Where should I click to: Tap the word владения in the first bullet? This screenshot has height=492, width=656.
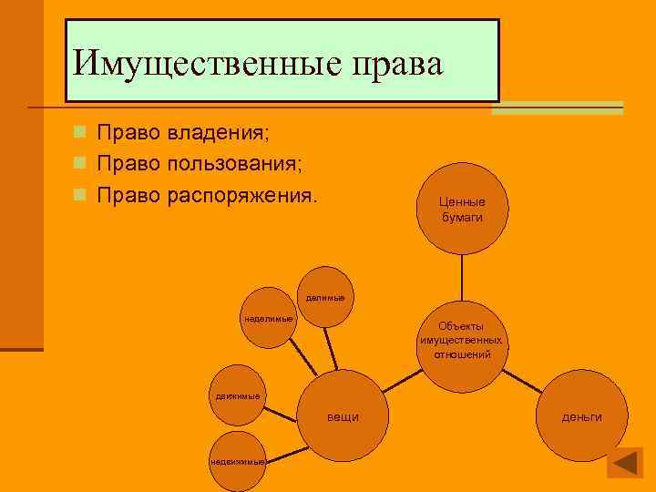[218, 133]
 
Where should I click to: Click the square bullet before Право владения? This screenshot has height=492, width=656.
[80, 133]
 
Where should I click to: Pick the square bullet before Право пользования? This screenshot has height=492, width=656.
[80, 165]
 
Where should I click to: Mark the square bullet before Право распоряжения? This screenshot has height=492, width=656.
[80, 196]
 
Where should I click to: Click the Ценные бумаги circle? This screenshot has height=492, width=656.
[463, 209]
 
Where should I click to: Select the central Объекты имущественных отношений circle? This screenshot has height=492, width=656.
[461, 340]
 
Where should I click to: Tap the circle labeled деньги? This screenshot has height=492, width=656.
[581, 416]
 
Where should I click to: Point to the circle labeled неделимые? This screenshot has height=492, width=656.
[268, 320]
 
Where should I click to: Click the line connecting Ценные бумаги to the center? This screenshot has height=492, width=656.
[462, 277]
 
